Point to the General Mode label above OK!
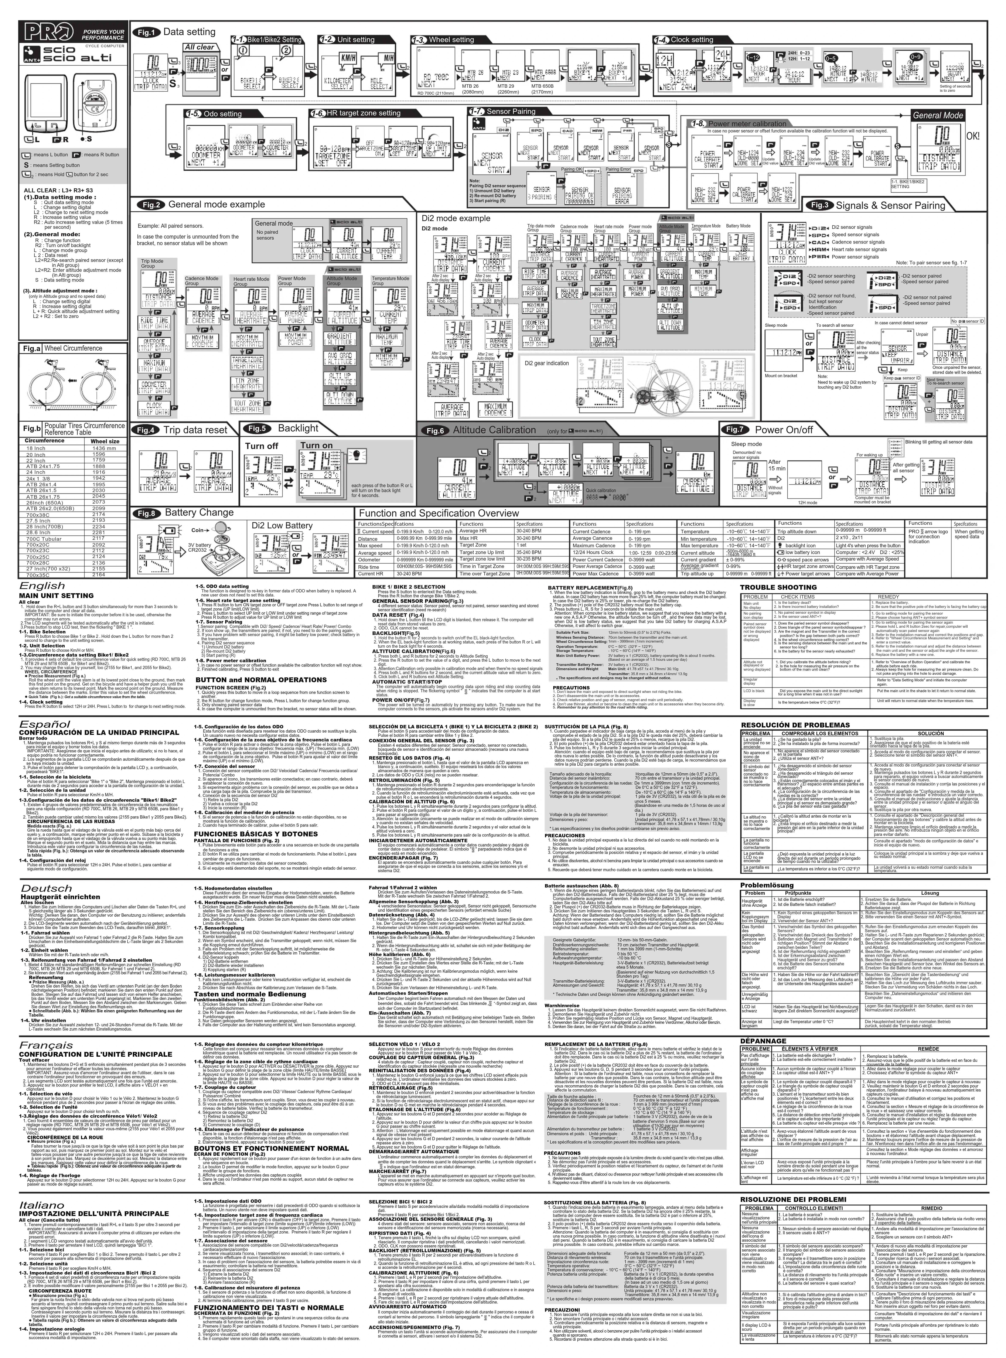click(x=938, y=115)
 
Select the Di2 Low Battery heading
click(x=282, y=525)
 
